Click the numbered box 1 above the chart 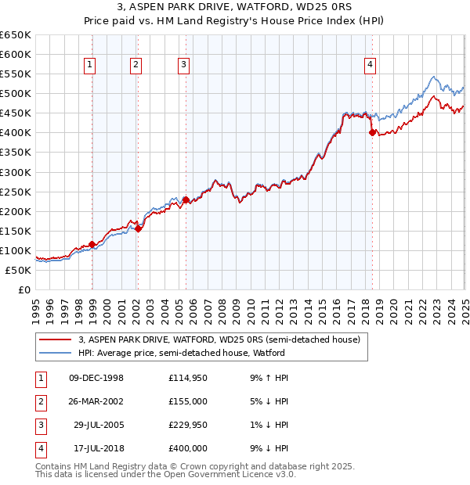click(90, 65)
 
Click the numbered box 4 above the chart click(369, 65)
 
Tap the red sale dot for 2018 click(372, 132)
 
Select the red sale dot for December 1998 click(92, 244)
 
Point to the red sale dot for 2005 click(186, 199)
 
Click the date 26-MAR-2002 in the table click(96, 401)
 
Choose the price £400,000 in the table click(188, 448)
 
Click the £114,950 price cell click(188, 378)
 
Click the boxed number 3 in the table click(40, 425)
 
